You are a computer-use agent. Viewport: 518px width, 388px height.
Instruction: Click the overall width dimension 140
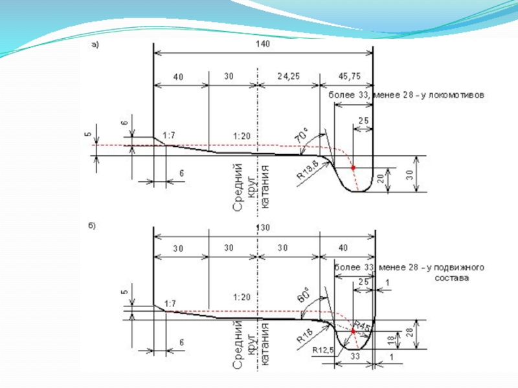tap(262, 44)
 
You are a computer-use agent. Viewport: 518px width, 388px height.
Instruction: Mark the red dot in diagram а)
tap(353, 168)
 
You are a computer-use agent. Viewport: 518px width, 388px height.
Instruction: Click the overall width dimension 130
tap(262, 228)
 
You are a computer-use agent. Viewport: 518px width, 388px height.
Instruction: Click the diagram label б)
tap(93, 226)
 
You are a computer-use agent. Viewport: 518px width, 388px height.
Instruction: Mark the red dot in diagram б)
tap(353, 331)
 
